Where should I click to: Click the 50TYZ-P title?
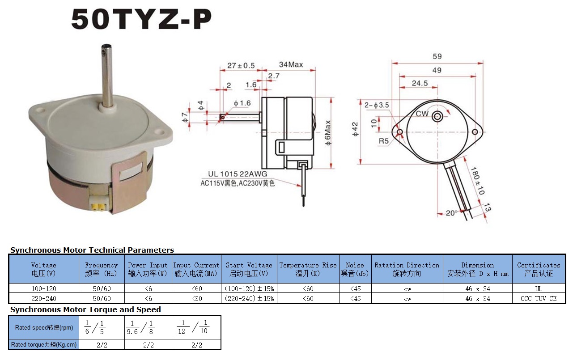pos(141,19)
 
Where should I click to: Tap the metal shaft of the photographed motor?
pos(107,74)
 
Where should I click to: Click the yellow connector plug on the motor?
pos(97,206)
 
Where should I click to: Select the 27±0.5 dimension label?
pos(241,65)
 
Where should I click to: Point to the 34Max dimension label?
pos(291,64)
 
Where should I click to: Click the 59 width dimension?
pos(437,56)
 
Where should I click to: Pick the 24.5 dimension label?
pos(420,83)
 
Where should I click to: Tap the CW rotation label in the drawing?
pos(422,114)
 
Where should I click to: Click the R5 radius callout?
pos(384,141)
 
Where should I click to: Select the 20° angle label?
pos(452,213)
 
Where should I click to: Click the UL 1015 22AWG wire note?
pos(237,174)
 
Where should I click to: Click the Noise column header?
pos(355,269)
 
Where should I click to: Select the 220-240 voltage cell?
pos(44,298)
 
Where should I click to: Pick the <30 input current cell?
pos(196,298)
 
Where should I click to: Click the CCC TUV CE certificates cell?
pos(539,298)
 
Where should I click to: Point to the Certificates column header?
pos(539,269)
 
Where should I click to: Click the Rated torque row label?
pos(44,345)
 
